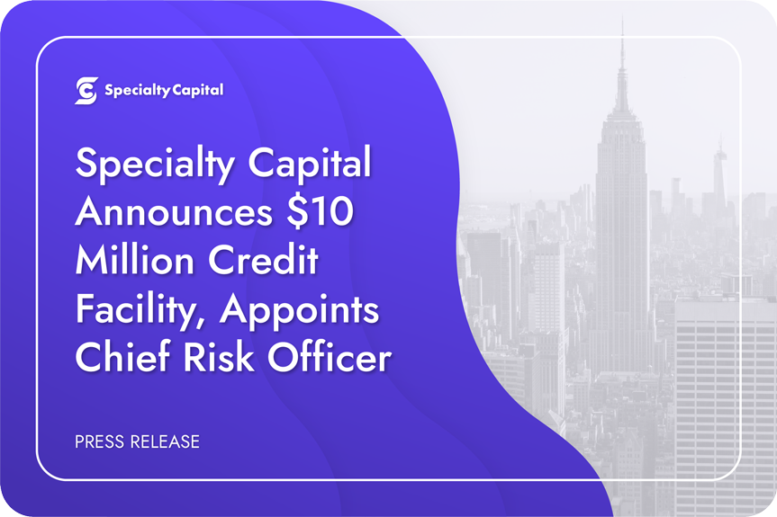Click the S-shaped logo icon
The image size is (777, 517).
coord(86,91)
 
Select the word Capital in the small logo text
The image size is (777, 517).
coord(198,91)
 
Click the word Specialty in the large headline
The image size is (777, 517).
coord(155,165)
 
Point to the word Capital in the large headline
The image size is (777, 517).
coord(309,165)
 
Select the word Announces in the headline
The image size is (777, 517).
coord(174,211)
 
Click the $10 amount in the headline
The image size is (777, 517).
coord(320,211)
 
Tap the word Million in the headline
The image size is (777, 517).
coord(134,260)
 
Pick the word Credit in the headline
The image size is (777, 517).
coord(263,260)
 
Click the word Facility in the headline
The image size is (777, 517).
coord(137,311)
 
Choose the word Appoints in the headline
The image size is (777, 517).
coord(299,312)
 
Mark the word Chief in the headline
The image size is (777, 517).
coord(122,356)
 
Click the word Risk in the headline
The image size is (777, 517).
coord(219,356)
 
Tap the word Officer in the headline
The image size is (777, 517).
coord(330,356)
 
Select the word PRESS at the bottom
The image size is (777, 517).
coord(100,441)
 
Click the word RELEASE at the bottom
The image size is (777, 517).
coord(165,441)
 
